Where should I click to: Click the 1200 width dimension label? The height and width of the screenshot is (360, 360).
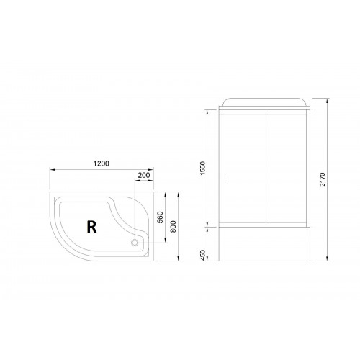101,163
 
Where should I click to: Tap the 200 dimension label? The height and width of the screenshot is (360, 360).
144,175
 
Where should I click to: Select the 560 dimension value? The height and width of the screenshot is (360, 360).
160,217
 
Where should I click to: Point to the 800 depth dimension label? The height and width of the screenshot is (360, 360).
173,226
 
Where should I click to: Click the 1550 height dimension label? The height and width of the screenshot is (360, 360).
203,168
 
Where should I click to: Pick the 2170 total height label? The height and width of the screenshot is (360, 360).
323,179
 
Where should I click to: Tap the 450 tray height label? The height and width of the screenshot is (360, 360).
203,255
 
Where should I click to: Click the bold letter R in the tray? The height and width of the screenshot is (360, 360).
91,227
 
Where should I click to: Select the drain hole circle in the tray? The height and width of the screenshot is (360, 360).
135,243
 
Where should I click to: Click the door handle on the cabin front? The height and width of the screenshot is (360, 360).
225,177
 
